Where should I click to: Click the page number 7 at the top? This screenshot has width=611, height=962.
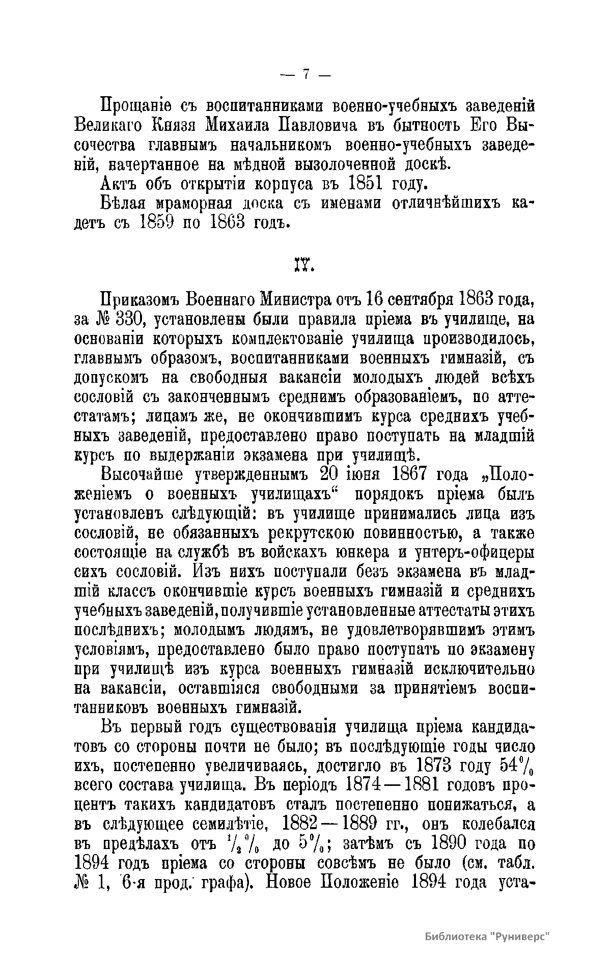(305, 75)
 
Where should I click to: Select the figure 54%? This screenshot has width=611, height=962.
(514, 766)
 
